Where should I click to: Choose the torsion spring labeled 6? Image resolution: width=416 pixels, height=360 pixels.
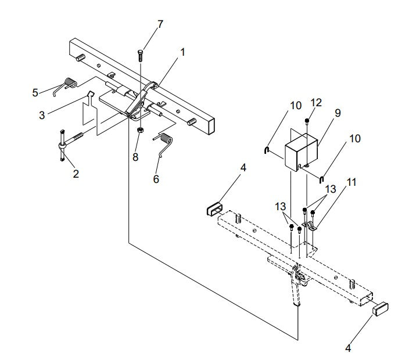165,146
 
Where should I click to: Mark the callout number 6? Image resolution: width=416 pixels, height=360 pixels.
156,179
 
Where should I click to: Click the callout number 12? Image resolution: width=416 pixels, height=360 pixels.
316,103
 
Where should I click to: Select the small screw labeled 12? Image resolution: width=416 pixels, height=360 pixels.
307,120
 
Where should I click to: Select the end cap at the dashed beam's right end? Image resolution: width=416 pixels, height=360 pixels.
380,307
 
